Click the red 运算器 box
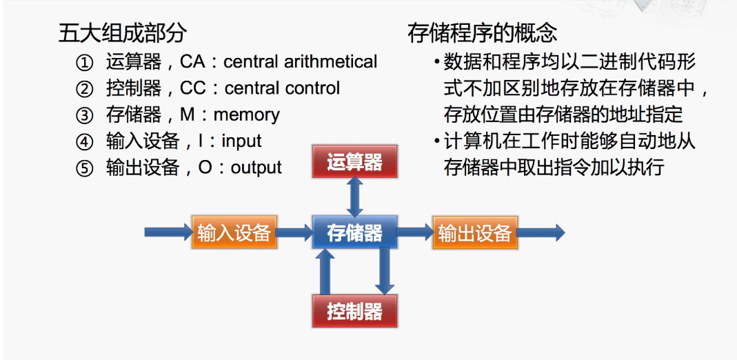[354, 163]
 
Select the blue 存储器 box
[354, 233]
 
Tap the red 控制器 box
[354, 311]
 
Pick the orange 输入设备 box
[234, 233]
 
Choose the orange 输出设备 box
[475, 233]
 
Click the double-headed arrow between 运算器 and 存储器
[354, 197]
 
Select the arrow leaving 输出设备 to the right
[541, 233]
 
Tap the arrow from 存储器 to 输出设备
[414, 233]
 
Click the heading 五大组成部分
[123, 33]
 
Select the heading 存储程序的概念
[483, 33]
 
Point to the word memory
[246, 114]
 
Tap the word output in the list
[256, 168]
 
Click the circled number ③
[84, 115]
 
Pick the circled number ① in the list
[84, 63]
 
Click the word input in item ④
[242, 141]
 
